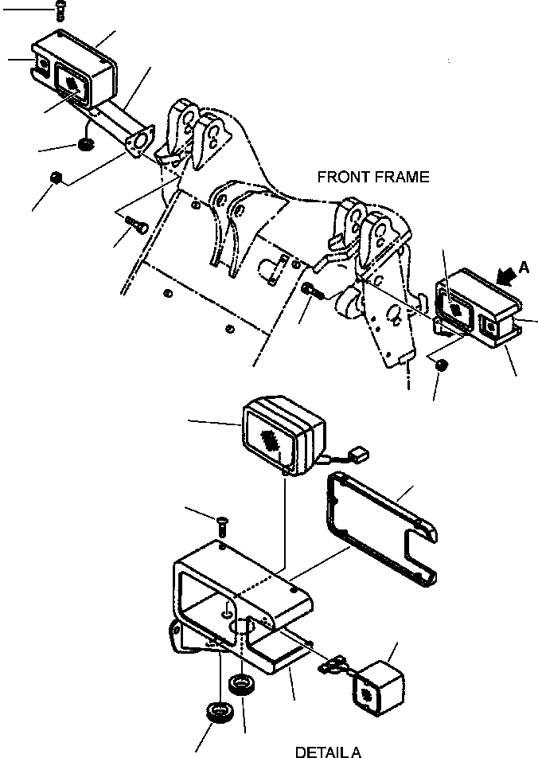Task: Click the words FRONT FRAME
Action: (x=372, y=177)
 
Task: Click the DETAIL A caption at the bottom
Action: (x=327, y=751)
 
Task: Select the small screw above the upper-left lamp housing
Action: (x=60, y=10)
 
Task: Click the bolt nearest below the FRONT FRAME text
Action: (x=310, y=291)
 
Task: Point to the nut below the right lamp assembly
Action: (x=442, y=365)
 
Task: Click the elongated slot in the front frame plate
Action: (x=273, y=268)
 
